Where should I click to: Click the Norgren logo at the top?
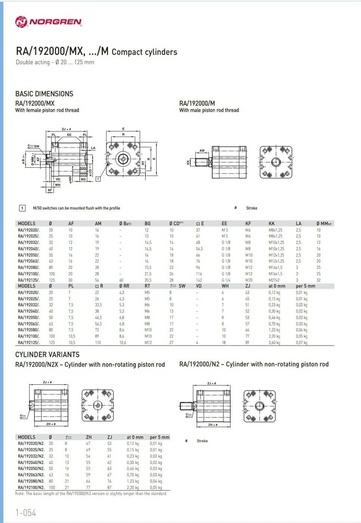49,22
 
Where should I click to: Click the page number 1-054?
26,513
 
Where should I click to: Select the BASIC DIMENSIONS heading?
44,94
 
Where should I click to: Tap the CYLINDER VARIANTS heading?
47,355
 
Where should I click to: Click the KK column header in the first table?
272,223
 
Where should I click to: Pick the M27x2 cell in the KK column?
274,280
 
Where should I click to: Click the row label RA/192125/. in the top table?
28,280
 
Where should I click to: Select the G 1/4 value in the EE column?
226,280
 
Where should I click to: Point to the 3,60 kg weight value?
274,342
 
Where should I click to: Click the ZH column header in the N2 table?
89,437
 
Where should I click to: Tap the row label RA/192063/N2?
31,475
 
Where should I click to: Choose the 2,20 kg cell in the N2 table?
133,487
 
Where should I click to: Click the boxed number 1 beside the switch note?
22,208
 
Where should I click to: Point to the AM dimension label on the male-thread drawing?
202,151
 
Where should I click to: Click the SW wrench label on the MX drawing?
36,146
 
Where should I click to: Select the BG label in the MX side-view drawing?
83,179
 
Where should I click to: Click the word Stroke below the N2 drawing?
202,441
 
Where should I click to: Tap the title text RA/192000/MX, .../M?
62,51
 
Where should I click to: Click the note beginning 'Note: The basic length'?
91,493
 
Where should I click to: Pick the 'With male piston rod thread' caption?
209,110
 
